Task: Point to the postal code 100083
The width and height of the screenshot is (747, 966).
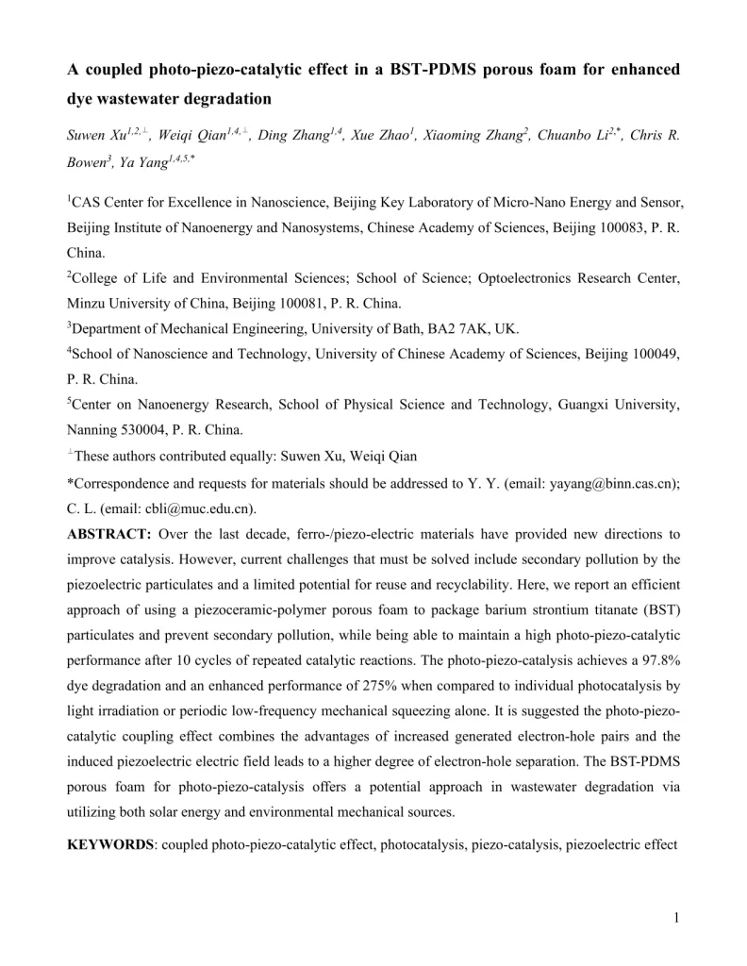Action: tap(601, 227)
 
